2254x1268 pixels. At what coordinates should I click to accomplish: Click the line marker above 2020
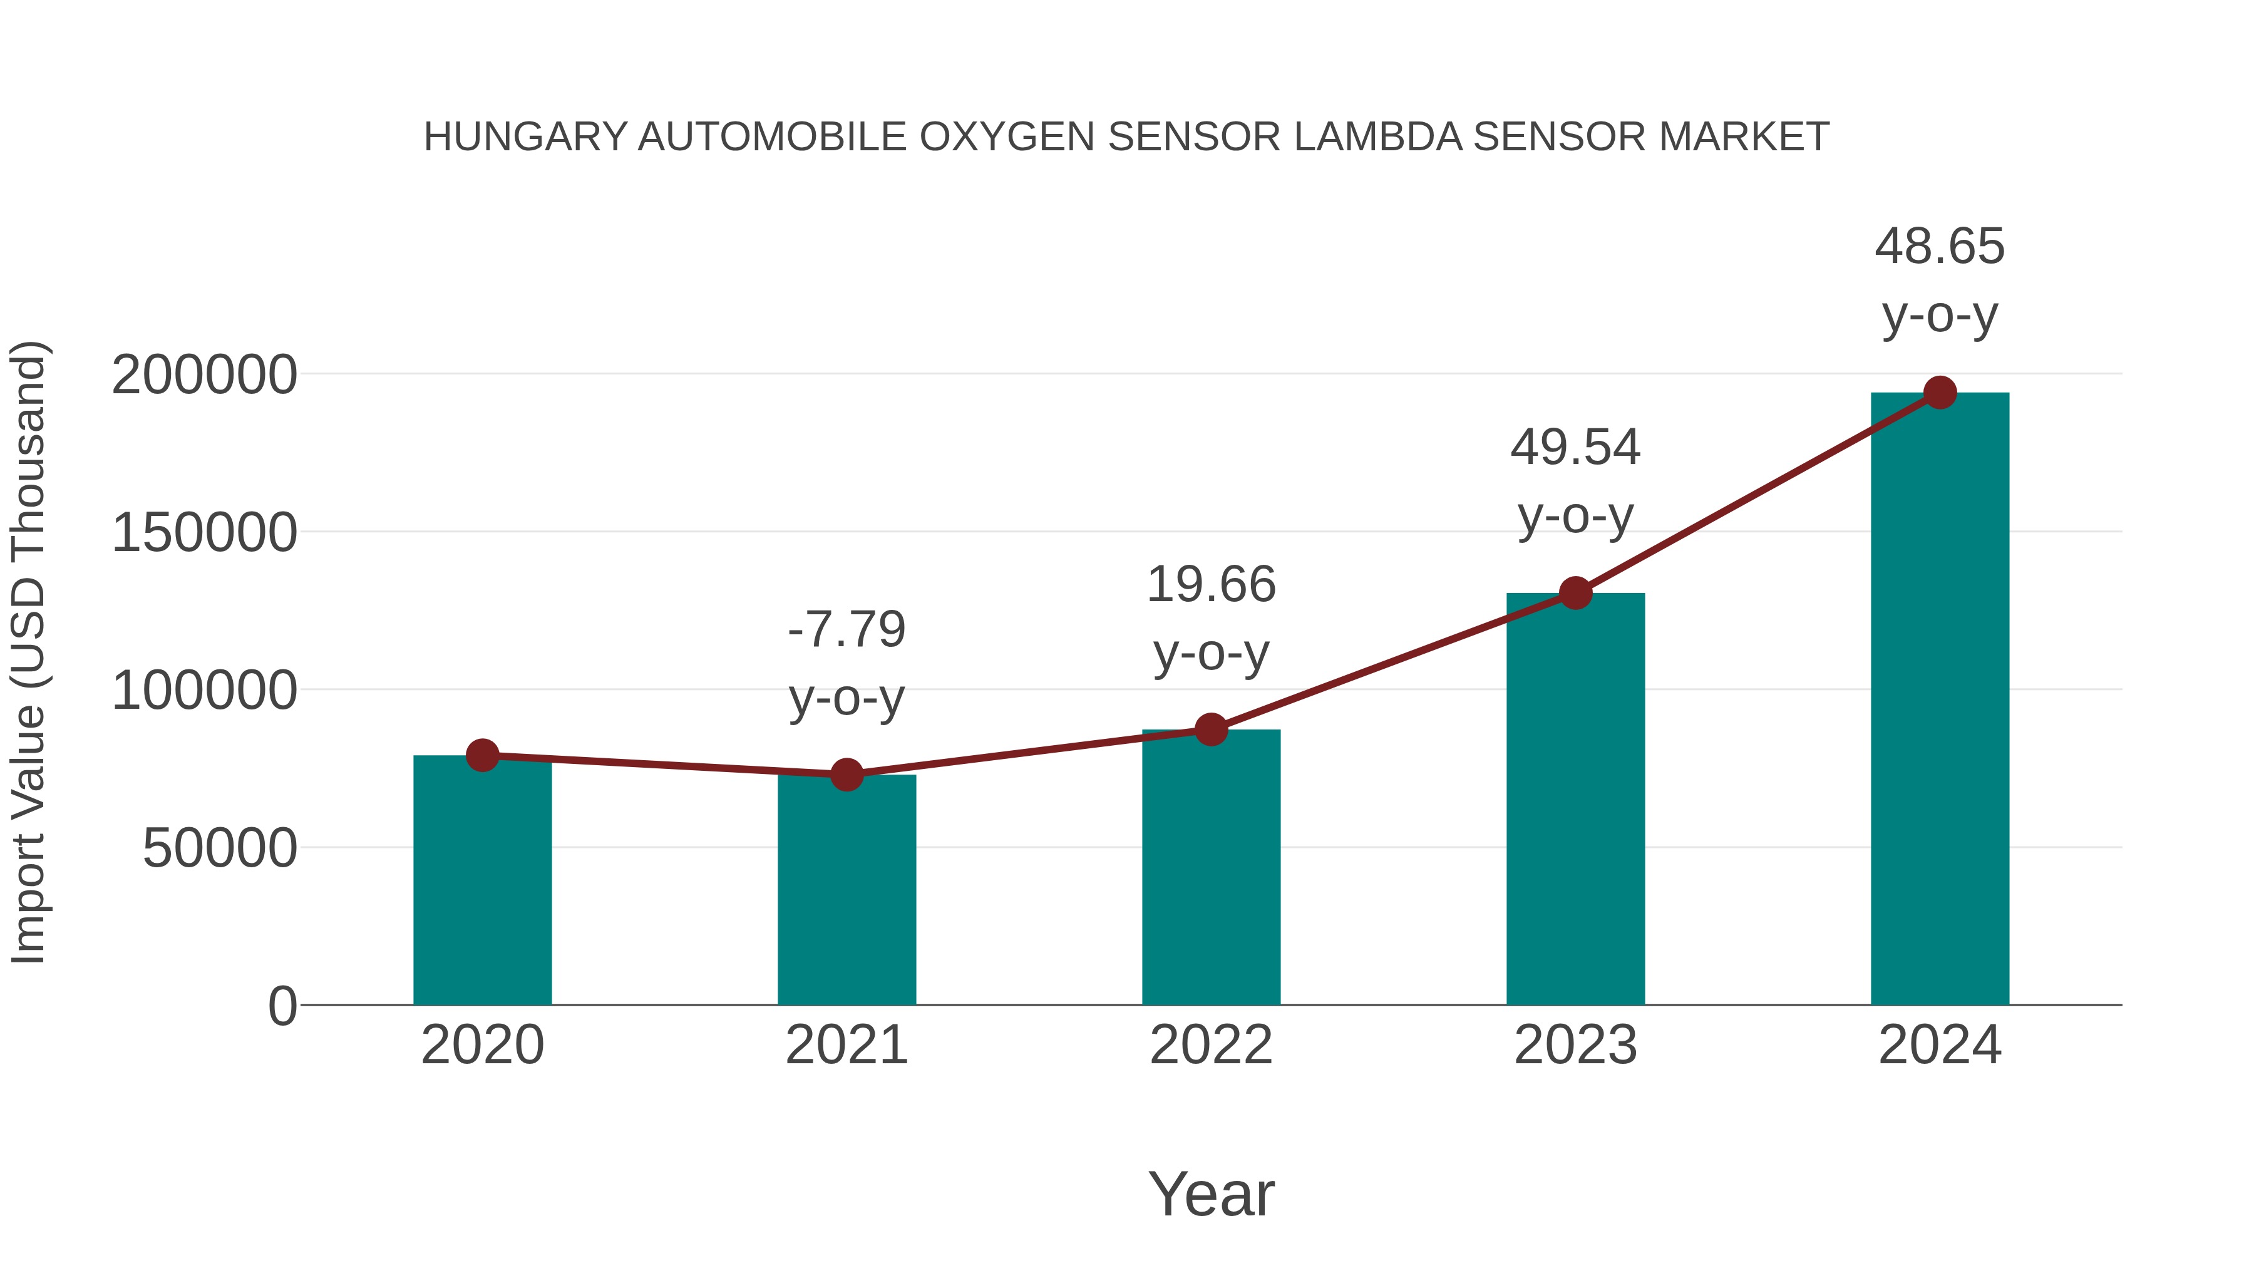[482, 755]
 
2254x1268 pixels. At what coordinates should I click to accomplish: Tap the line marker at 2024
[1940, 393]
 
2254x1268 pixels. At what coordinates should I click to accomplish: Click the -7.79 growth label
[846, 630]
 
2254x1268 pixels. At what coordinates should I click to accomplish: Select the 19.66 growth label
[1211, 585]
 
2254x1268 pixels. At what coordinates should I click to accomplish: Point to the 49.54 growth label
[1575, 448]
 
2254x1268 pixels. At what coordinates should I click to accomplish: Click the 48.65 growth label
[1940, 247]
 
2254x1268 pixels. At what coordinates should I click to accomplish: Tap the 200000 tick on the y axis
[205, 376]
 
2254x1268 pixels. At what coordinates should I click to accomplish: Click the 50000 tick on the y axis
[220, 848]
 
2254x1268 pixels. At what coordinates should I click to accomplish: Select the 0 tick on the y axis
[282, 1006]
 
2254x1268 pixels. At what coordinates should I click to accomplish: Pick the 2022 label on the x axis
[1211, 1045]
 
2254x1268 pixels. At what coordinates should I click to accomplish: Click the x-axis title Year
[1211, 1193]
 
